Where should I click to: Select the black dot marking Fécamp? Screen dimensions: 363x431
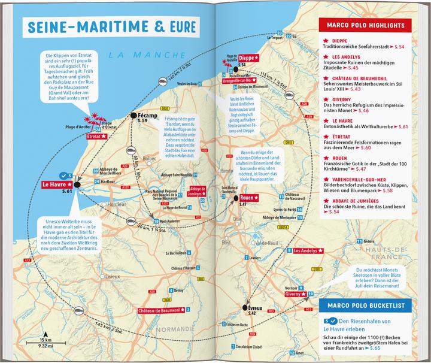click(132, 115)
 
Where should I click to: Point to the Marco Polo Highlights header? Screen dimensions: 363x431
click(368, 25)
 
